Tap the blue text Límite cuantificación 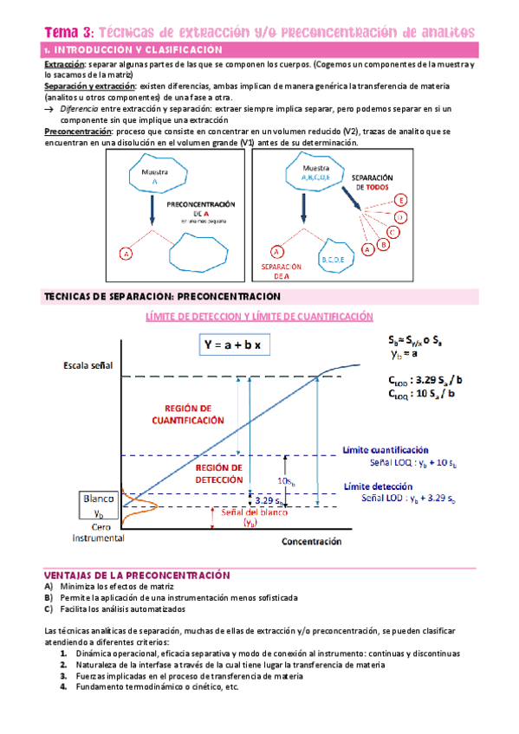coord(386,450)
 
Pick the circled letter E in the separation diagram coord(405,200)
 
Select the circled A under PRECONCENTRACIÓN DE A coord(127,254)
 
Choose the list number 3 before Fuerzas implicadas coord(64,676)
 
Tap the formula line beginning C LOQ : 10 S coord(425,395)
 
